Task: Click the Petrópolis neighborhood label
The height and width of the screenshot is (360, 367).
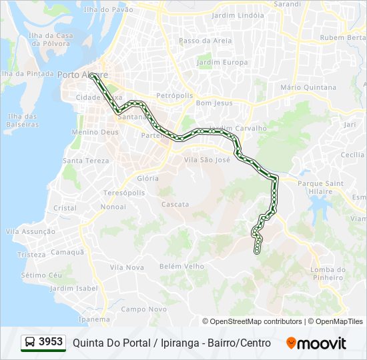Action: tap(175, 95)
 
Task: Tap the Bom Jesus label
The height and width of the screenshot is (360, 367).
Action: tap(214, 103)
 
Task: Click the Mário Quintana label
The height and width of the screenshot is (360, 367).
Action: tap(308, 87)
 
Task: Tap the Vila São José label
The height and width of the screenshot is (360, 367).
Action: tap(206, 160)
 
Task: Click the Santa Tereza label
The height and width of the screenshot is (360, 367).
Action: tap(85, 161)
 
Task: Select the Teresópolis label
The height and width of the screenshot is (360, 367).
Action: tap(123, 193)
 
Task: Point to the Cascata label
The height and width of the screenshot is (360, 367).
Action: tap(175, 204)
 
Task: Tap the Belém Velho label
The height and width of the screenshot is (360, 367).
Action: tap(181, 266)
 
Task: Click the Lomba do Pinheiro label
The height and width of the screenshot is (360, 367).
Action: tap(327, 273)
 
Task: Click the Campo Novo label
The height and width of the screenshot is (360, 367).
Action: tap(143, 309)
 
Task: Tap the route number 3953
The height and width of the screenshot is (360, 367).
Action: tap(51, 342)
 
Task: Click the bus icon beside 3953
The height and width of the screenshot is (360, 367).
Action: tap(30, 343)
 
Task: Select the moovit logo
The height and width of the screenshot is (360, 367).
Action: tap(316, 343)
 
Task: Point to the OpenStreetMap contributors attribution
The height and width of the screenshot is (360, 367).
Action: tap(256, 321)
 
